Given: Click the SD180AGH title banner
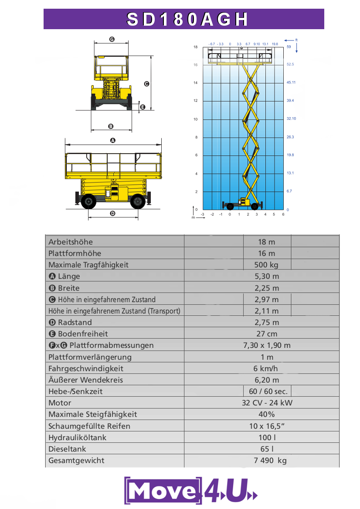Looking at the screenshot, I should [x=183, y=19].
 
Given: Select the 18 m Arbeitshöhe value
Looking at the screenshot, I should [x=267, y=242].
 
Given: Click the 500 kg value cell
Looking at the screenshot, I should [x=267, y=265].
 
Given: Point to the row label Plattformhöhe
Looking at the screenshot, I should [x=75, y=253].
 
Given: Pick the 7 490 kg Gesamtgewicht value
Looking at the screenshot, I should [x=270, y=460].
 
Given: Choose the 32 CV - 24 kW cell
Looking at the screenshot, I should [x=267, y=403].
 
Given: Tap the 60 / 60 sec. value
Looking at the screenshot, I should [x=267, y=391].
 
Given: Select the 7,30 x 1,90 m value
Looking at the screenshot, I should [x=267, y=345].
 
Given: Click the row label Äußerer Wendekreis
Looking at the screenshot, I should [x=85, y=380].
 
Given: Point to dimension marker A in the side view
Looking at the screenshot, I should [x=112, y=140].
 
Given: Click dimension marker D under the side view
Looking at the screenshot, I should [x=112, y=213].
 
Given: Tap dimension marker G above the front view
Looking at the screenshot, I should [x=112, y=39].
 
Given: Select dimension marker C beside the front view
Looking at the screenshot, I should [x=147, y=84].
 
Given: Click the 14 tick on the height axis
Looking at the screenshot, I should [x=196, y=83].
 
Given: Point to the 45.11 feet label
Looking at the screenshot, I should [x=291, y=83].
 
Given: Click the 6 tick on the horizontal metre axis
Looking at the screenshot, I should [x=283, y=214].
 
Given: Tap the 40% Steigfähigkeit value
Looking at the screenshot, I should [x=267, y=414].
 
